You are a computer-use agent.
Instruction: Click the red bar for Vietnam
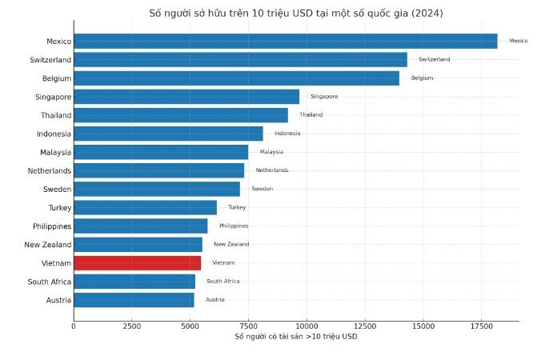click(137, 263)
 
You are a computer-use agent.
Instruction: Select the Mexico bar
click(285, 41)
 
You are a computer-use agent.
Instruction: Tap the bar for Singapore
click(186, 97)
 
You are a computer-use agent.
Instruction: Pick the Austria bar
click(134, 300)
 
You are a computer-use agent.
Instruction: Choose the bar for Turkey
click(145, 208)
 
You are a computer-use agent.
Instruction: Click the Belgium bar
click(236, 78)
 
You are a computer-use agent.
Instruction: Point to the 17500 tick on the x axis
click(482, 326)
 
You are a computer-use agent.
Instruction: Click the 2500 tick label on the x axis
click(132, 326)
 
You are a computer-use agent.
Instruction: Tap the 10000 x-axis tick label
click(307, 326)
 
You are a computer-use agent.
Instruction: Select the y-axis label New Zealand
click(47, 245)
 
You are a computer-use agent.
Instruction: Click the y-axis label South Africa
click(49, 282)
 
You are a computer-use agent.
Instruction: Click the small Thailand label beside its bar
click(311, 115)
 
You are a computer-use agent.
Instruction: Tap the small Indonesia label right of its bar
click(287, 134)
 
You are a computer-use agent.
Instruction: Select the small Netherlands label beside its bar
click(272, 170)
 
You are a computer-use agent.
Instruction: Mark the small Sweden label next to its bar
click(262, 189)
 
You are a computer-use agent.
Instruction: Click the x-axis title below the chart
click(295, 337)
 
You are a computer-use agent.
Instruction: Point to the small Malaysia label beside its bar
click(271, 152)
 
